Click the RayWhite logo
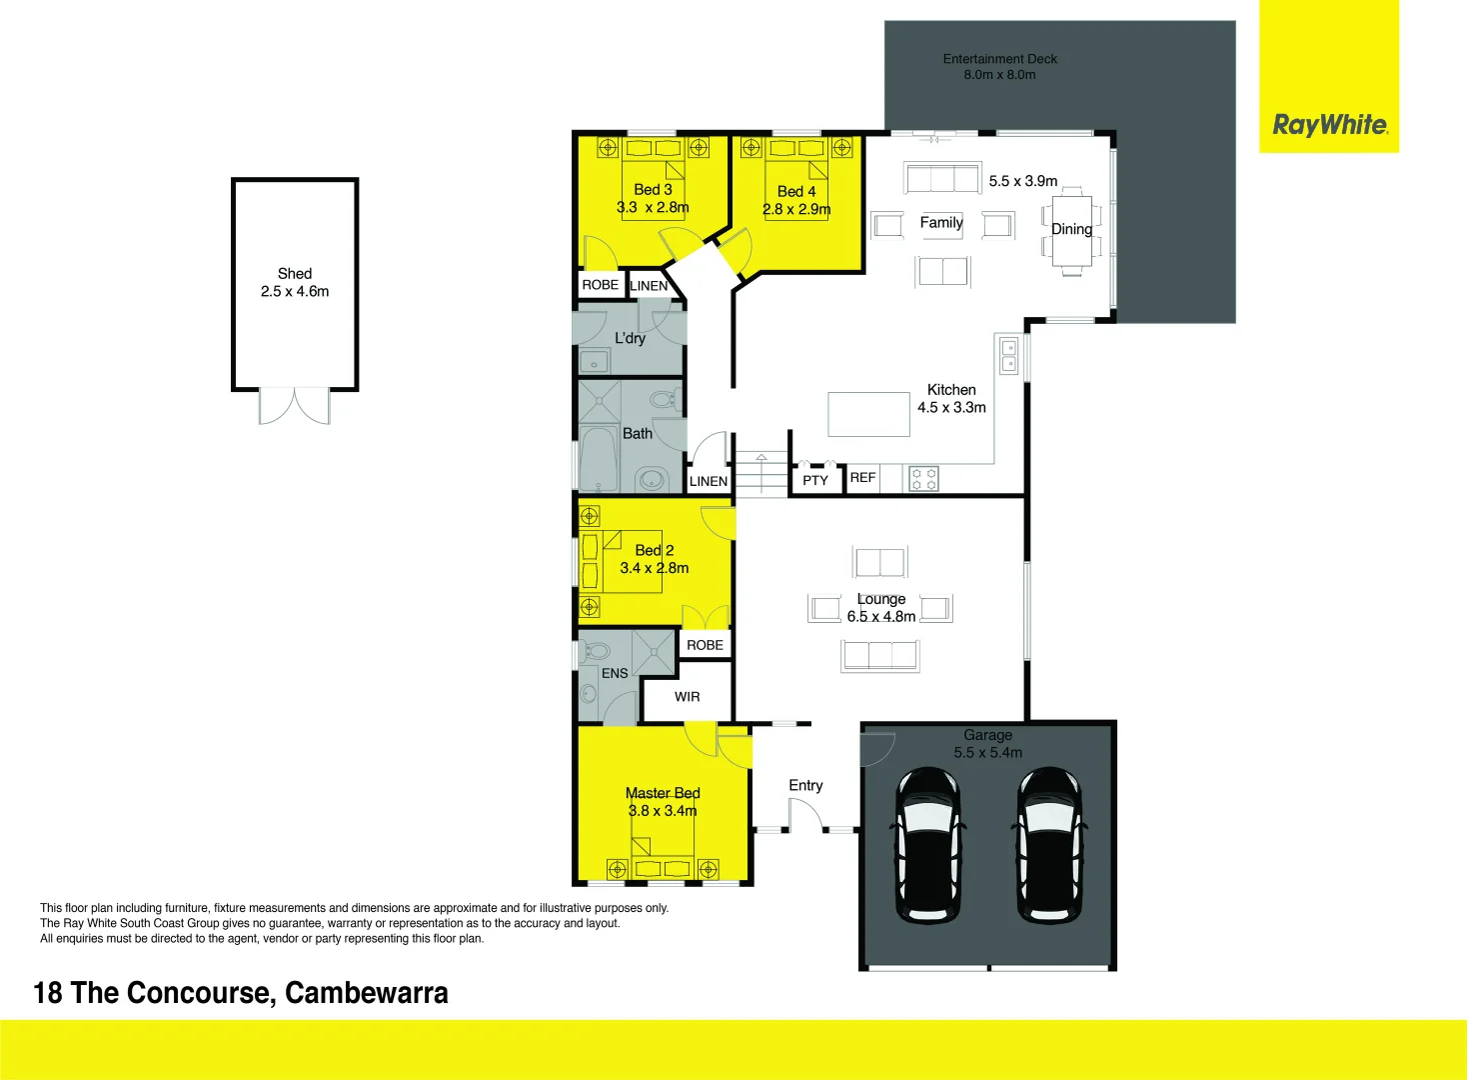coord(1329,125)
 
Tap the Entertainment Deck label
coord(999,59)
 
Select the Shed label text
coord(295,273)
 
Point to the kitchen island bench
coord(868,414)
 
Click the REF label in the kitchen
coord(862,478)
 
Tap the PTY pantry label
coord(815,480)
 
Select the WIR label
coord(688,697)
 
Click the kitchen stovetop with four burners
coord(924,479)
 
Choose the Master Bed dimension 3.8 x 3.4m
coord(663,811)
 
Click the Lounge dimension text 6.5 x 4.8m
coord(881,616)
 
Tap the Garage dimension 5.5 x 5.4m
coord(987,753)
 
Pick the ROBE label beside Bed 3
coord(600,285)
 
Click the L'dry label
coord(630,338)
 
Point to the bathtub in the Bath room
coord(598,460)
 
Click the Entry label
coord(805,786)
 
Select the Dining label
coord(1071,229)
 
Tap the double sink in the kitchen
coord(1009,356)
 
